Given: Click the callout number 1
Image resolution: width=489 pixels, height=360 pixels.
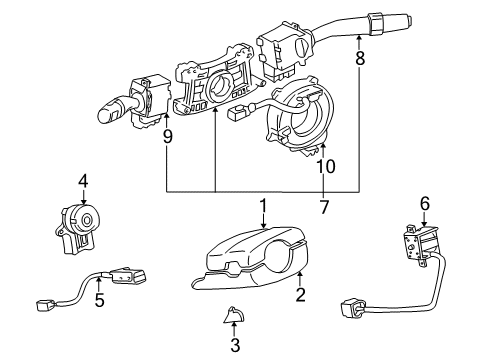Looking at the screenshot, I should pyautogui.click(x=263, y=207).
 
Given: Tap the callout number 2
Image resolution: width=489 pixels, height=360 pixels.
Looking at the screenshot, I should pyautogui.click(x=299, y=295).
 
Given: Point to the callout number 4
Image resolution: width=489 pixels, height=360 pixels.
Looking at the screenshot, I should pyautogui.click(x=84, y=183).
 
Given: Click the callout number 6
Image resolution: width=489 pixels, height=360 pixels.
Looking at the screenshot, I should pyautogui.click(x=424, y=205).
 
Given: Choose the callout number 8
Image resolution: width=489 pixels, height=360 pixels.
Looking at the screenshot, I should pyautogui.click(x=360, y=60).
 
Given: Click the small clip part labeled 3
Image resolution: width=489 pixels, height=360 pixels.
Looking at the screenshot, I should pyautogui.click(x=231, y=317).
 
